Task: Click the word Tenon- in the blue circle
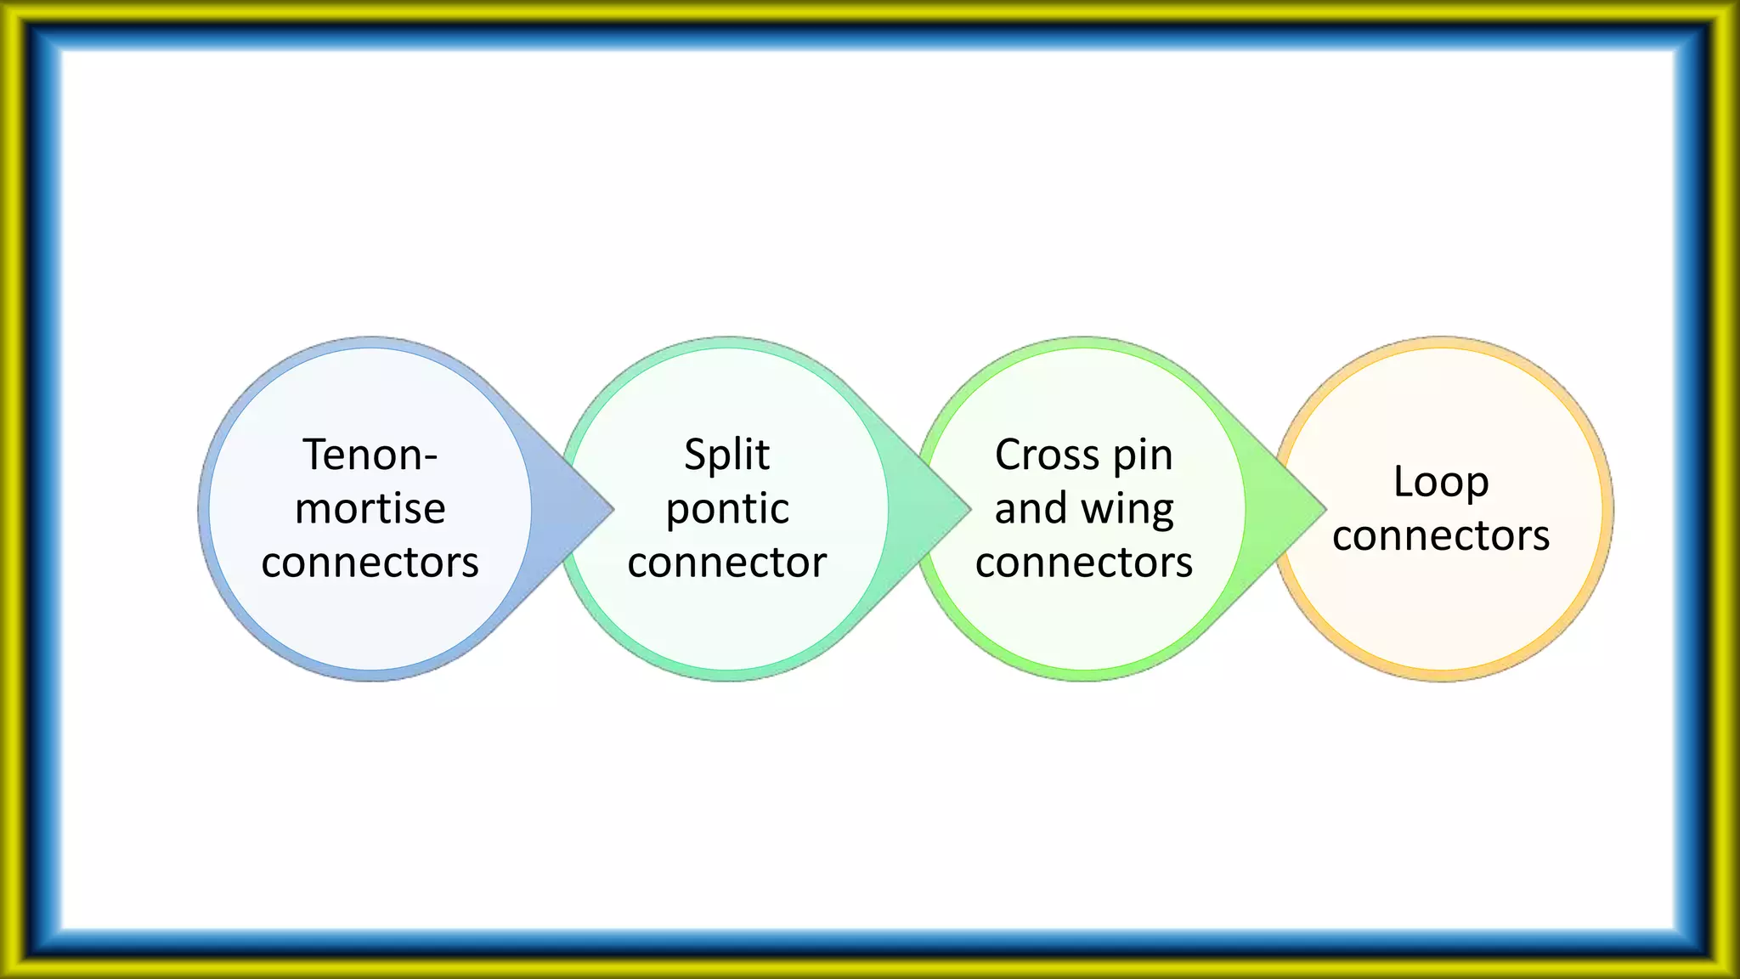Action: [370, 455]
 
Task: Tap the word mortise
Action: [370, 508]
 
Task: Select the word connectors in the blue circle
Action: [370, 562]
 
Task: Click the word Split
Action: [726, 455]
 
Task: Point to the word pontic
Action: [726, 510]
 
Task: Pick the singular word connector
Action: [726, 562]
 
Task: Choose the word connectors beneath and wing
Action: [1084, 562]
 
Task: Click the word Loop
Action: [1441, 483]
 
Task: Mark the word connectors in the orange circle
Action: [1441, 535]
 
